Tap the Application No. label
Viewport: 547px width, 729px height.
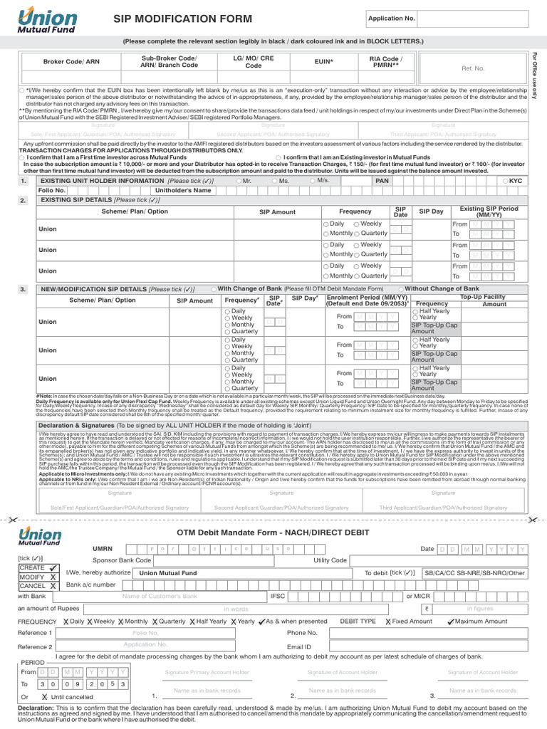391,18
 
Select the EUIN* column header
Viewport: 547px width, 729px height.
324,62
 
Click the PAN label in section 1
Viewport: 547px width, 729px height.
382,182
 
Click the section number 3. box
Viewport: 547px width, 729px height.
24,289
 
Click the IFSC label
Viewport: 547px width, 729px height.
277,595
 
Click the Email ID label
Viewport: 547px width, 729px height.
299,647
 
